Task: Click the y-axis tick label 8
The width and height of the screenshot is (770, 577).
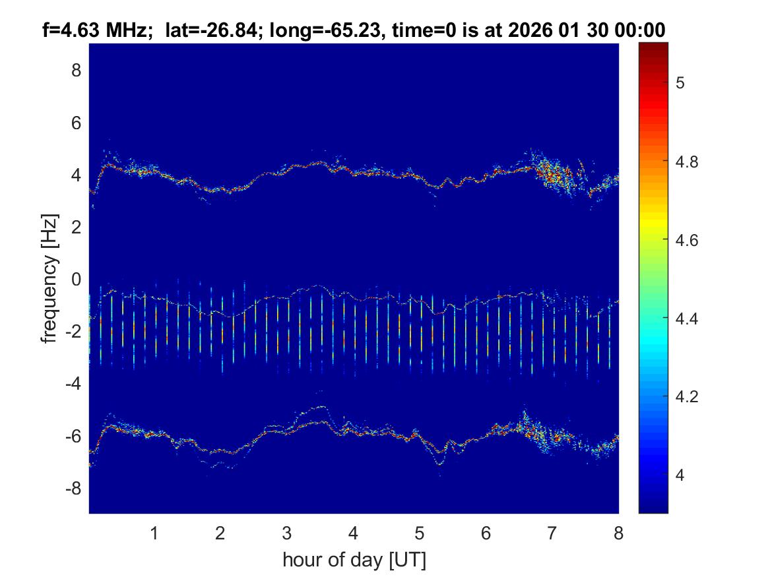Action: pyautogui.click(x=76, y=71)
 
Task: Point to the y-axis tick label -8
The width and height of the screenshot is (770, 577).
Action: pyautogui.click(x=73, y=489)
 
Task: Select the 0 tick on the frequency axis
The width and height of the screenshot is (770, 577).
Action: pyautogui.click(x=76, y=280)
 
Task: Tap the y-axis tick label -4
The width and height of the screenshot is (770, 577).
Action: pyautogui.click(x=73, y=384)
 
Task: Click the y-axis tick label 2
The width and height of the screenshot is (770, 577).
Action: pyautogui.click(x=76, y=228)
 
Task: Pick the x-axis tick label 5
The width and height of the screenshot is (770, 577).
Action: pyautogui.click(x=420, y=533)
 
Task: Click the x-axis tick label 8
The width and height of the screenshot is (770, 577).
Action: pyautogui.click(x=618, y=533)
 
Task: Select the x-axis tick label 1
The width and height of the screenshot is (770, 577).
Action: pyautogui.click(x=154, y=533)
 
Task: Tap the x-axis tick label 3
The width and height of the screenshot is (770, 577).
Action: pyautogui.click(x=287, y=533)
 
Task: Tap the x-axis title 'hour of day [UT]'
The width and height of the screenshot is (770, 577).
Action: pyautogui.click(x=354, y=560)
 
